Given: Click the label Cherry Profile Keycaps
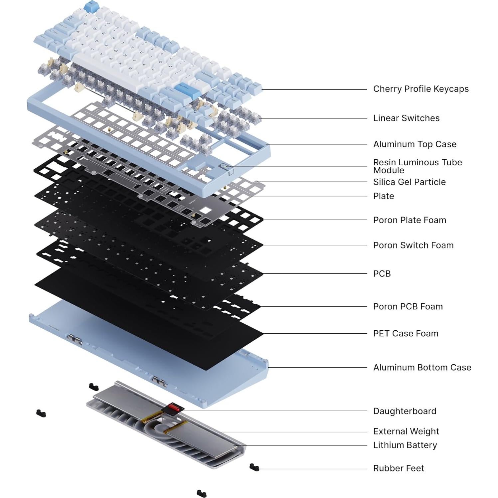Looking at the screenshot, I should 420,89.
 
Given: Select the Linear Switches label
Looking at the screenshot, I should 406,118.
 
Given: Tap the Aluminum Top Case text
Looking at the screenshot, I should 415,144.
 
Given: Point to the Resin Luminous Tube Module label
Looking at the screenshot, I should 417,166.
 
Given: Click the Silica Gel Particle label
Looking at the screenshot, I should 409,182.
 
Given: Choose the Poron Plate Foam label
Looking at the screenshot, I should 409,220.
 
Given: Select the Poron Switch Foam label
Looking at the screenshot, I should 413,245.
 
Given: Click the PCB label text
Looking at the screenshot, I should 382,273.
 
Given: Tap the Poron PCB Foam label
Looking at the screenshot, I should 408,306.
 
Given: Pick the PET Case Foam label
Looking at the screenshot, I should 406,333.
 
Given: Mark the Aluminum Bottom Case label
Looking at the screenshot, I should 422,367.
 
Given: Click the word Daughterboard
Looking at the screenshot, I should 405,411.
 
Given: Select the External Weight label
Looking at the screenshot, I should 406,431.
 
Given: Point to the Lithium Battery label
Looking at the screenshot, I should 405,445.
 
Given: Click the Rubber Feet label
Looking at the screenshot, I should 399,468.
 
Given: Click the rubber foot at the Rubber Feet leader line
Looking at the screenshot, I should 254,467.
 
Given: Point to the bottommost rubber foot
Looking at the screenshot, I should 201,493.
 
